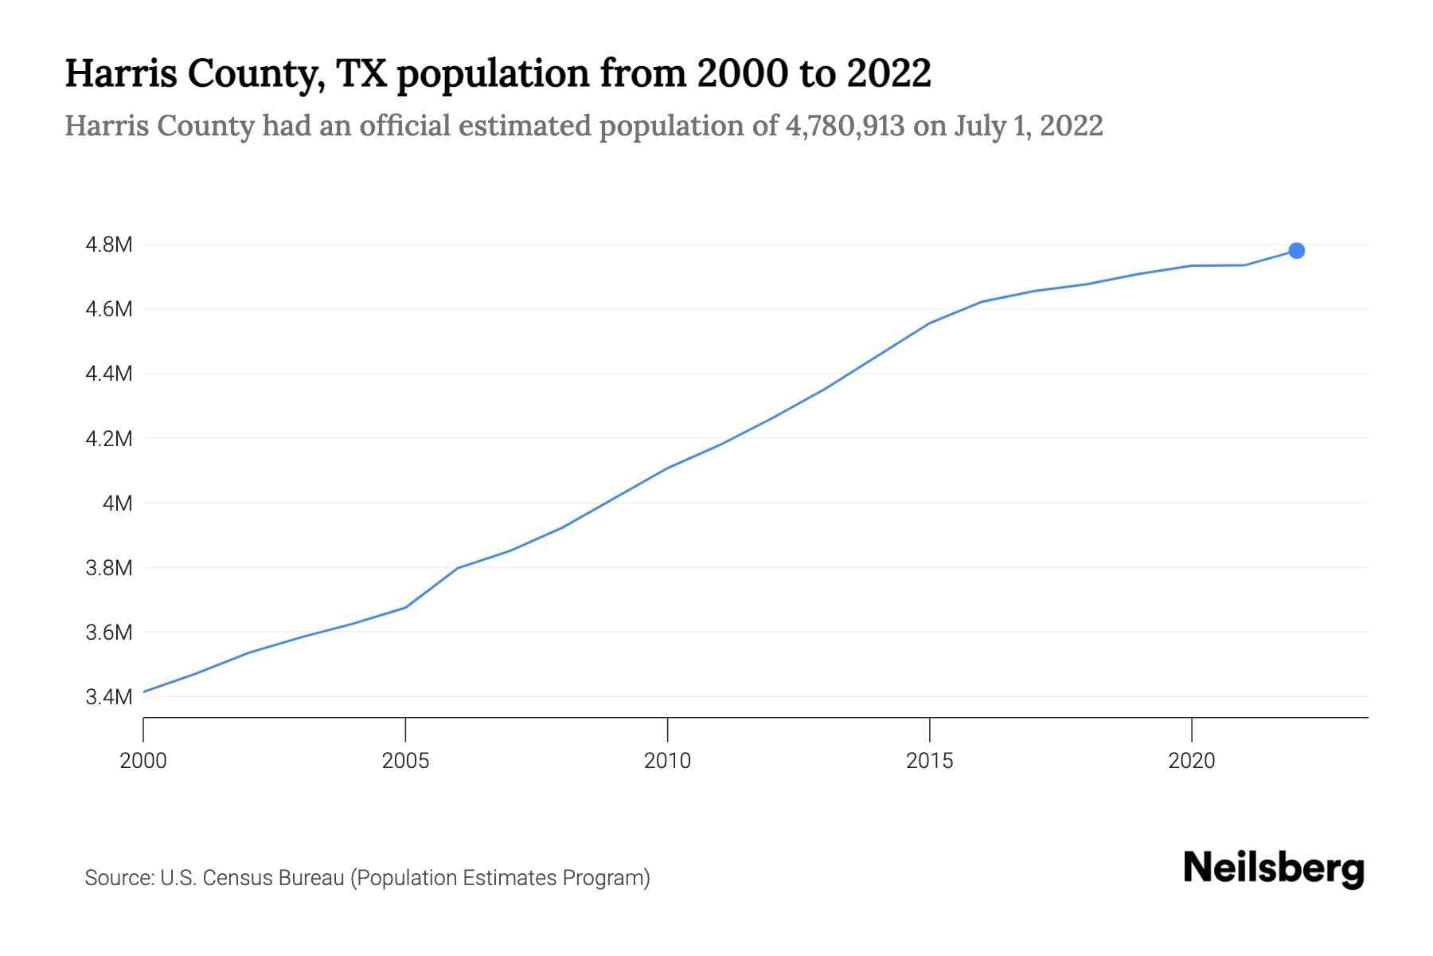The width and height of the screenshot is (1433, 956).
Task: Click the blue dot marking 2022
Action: coord(1296,251)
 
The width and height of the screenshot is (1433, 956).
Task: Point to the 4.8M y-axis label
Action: coord(108,245)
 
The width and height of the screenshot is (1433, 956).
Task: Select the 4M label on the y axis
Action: coord(117,503)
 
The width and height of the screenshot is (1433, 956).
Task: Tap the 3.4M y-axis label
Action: coord(108,697)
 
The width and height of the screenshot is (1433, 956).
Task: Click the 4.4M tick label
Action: coord(108,374)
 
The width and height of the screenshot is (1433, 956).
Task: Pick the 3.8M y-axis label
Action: coord(108,568)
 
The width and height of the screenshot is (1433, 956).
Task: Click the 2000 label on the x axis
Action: coord(143,761)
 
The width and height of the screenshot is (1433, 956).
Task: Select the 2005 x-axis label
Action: coord(405,761)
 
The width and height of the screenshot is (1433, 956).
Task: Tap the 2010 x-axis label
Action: coord(667,761)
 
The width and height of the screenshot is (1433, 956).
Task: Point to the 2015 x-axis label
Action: coord(929,761)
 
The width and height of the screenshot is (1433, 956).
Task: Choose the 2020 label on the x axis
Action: coord(1191,761)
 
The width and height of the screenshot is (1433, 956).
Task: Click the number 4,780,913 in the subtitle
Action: coord(844,126)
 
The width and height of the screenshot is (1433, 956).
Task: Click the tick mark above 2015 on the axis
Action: coord(929,728)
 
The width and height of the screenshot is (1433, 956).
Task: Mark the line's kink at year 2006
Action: coord(459,568)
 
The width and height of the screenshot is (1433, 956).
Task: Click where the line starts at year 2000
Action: coord(144,692)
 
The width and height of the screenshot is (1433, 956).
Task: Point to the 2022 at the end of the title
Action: coord(888,73)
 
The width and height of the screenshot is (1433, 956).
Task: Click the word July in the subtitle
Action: coord(979,126)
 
